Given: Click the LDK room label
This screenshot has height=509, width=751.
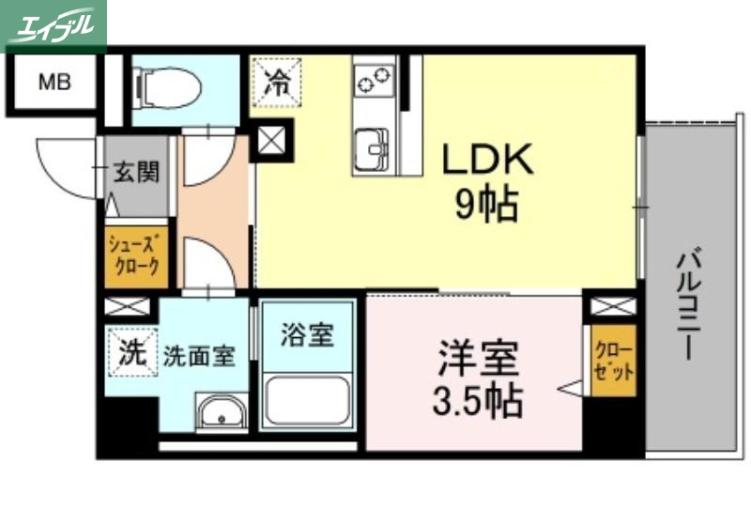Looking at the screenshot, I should tap(488, 161).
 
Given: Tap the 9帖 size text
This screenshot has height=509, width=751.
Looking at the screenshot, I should tap(487, 206).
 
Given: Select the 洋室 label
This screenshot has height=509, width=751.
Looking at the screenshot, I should tap(478, 359).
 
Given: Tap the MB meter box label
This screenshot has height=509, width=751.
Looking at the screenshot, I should tap(54, 83).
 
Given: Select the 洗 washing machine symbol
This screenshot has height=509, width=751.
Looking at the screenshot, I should tap(131, 352).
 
